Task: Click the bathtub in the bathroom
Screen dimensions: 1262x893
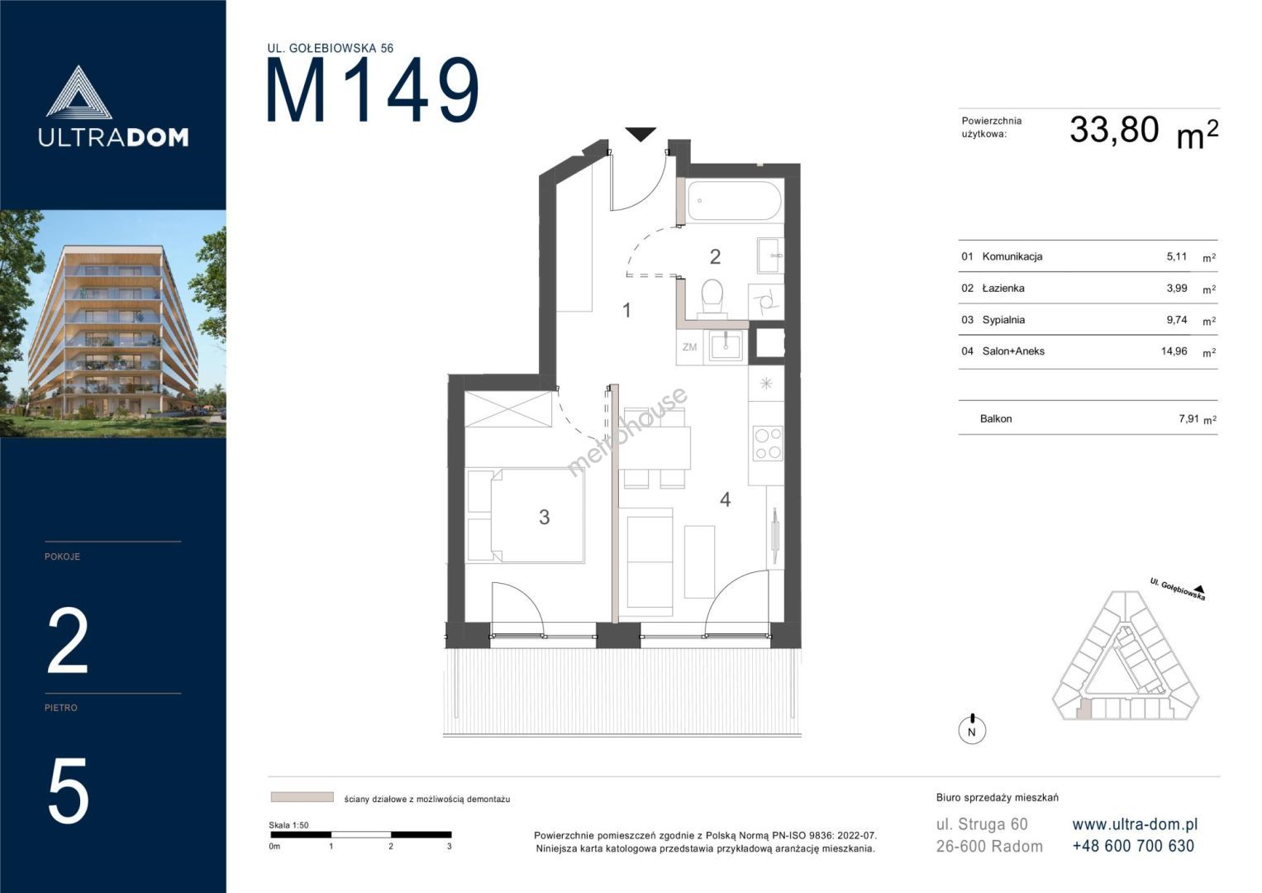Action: (x=735, y=201)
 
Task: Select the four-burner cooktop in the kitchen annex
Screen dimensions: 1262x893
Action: (x=768, y=443)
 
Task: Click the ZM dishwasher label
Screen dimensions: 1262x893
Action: (x=689, y=347)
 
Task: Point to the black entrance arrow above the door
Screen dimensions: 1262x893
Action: (x=641, y=134)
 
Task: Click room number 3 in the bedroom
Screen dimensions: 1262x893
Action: (x=544, y=517)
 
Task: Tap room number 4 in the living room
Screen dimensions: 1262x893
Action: (x=725, y=499)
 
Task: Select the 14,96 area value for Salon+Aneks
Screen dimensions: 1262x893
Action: (x=1174, y=351)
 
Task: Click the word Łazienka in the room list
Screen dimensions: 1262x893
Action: (x=1003, y=288)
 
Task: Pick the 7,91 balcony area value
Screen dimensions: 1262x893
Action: (x=1188, y=419)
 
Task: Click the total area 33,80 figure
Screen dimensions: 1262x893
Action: (x=1114, y=131)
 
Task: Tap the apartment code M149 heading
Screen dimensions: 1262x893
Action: (x=373, y=90)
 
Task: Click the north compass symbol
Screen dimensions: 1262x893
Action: (x=972, y=729)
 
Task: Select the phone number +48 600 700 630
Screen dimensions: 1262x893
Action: (x=1133, y=846)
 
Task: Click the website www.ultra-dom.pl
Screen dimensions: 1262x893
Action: (x=1135, y=824)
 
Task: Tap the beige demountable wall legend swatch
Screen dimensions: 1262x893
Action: (x=302, y=797)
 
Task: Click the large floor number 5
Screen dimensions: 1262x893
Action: (x=68, y=791)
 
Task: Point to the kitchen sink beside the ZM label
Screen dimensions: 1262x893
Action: (x=726, y=346)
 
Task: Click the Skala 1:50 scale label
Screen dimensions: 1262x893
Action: (x=288, y=825)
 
